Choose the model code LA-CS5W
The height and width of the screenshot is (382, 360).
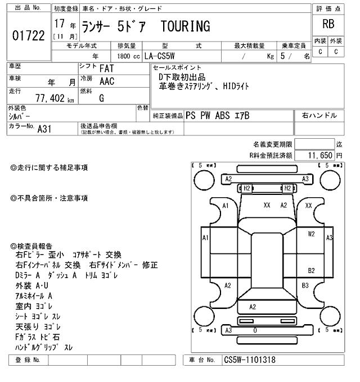pos(159,56)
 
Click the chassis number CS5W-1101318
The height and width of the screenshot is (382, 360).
pos(250,360)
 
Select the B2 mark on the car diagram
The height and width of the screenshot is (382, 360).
pos(311,270)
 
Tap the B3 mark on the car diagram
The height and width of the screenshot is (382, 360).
pos(305,285)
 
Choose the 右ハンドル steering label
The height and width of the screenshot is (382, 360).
pos(319,115)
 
